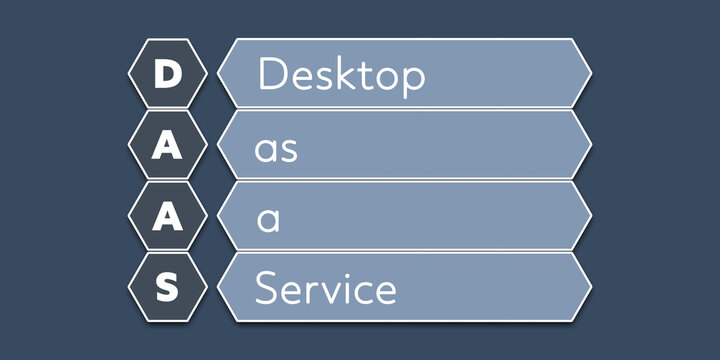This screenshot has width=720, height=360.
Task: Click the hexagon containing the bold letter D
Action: click(168, 75)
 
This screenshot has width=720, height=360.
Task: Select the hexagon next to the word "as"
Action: click(168, 146)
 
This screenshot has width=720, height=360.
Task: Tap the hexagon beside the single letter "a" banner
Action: click(168, 217)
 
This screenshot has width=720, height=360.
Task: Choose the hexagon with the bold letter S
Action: click(168, 288)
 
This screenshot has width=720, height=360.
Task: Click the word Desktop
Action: click(342, 76)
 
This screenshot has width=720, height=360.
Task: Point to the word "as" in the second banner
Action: click(276, 149)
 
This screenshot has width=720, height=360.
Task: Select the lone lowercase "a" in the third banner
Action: click(267, 220)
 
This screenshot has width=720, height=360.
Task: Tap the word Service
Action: click(326, 289)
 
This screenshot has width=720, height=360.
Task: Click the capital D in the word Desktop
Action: click(272, 75)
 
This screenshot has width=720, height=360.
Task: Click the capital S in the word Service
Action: click(266, 289)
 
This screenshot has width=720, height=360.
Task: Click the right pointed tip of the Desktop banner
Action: click(590, 73)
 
